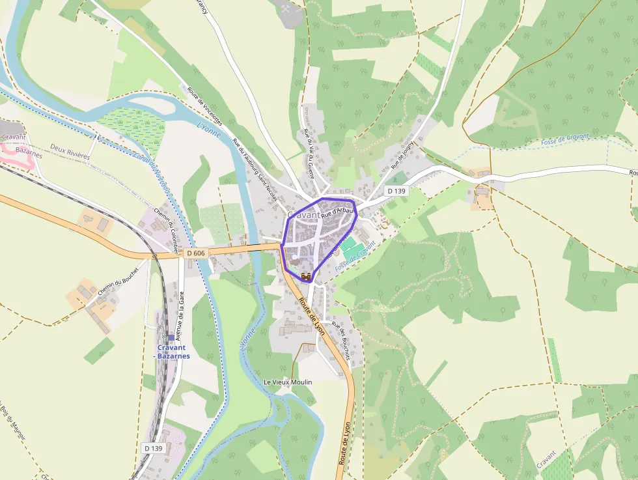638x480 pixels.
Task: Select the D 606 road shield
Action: (196, 253)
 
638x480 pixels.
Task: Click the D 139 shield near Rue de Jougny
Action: (396, 191)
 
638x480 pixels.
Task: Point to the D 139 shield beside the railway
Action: (154, 448)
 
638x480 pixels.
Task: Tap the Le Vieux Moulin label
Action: (287, 382)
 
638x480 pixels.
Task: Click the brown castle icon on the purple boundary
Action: (305, 277)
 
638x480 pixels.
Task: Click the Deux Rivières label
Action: (69, 148)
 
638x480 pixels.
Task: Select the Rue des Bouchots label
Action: (341, 341)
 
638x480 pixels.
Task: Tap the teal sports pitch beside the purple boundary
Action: (350, 247)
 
